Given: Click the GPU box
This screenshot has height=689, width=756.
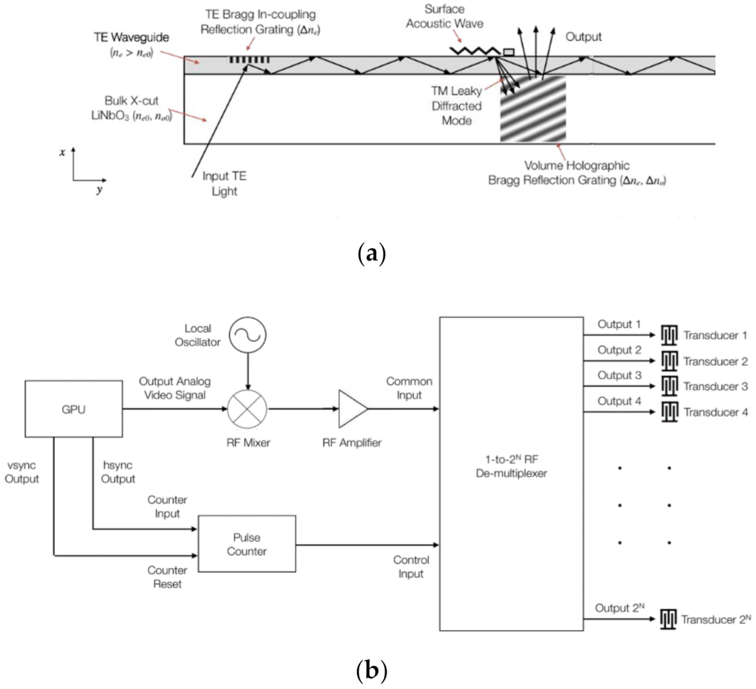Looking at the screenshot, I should (74, 409).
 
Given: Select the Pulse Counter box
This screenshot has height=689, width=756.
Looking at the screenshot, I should (247, 544).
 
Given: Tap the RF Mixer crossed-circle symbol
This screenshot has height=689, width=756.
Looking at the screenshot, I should (248, 409).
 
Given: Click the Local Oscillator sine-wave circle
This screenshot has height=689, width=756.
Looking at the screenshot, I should (248, 335).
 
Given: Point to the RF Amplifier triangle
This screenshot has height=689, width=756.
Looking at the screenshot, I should (352, 409).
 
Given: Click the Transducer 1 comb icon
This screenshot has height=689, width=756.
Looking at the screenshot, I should (669, 335).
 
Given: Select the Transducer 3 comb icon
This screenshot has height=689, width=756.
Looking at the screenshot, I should (669, 386).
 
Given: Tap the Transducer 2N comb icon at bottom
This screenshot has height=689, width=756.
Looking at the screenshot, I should (668, 619).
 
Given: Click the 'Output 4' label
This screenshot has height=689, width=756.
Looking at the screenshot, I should (619, 401).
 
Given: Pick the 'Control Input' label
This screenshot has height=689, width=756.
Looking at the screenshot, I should (411, 567).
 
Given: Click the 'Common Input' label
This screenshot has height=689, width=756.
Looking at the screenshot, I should (409, 388).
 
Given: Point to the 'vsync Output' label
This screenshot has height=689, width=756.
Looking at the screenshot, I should (22, 472).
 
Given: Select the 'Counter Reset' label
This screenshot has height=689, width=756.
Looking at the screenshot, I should (167, 577).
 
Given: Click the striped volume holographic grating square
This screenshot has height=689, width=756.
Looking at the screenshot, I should (533, 109).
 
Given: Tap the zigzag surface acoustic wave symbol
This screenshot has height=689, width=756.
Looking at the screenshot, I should (474, 51).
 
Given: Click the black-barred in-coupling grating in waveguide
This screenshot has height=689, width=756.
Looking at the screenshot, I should (249, 60).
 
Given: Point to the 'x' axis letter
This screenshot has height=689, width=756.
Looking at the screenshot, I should (62, 153).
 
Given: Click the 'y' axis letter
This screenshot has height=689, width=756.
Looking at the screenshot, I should (99, 189).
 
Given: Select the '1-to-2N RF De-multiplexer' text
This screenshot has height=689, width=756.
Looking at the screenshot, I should (511, 466).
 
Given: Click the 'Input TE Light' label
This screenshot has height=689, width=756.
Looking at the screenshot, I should (224, 183).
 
